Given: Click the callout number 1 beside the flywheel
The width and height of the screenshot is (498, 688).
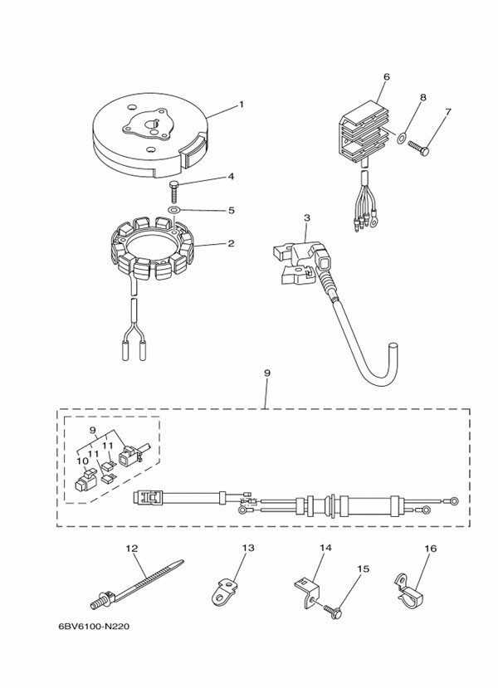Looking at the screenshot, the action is (x=241, y=105).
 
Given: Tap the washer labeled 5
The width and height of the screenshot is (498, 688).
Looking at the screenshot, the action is (x=174, y=209).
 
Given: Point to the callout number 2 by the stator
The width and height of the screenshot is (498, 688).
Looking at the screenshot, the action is (x=231, y=243).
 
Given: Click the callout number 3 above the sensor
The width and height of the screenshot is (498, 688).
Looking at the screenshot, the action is (x=307, y=217).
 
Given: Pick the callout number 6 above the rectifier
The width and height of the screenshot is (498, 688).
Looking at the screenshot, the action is (x=386, y=77).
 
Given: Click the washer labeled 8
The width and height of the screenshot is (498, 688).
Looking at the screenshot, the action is (x=402, y=139).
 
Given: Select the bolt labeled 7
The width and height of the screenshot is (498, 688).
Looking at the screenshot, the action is (x=418, y=148).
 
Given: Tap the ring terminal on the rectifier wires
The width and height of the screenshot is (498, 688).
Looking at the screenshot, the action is (x=373, y=222).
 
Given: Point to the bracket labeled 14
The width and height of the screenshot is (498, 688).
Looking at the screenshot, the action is (x=306, y=593).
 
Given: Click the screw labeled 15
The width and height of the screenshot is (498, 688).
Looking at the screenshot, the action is (x=333, y=611).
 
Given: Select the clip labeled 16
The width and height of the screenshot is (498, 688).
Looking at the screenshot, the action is (x=408, y=591).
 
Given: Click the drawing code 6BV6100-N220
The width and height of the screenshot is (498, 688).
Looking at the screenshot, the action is (x=94, y=626).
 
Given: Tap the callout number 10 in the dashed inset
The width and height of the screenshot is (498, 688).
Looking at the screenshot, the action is (x=82, y=461).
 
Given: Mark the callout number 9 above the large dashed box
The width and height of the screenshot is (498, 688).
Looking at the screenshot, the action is (x=266, y=373).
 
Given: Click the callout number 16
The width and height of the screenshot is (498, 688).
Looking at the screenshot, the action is (x=431, y=549).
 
